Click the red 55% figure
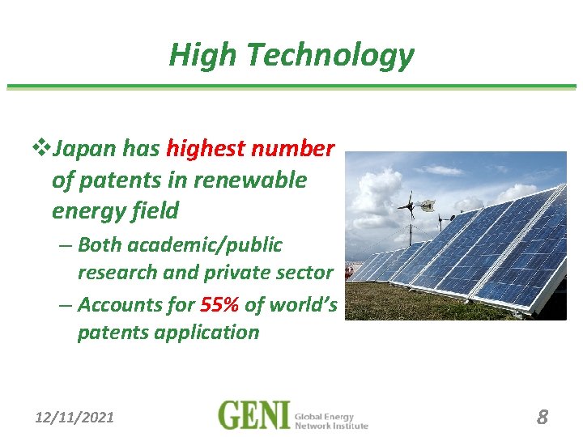click(x=219, y=305)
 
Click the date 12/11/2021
click(x=74, y=418)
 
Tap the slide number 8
click(x=542, y=417)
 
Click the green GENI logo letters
click(x=253, y=415)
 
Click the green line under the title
click(x=291, y=87)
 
